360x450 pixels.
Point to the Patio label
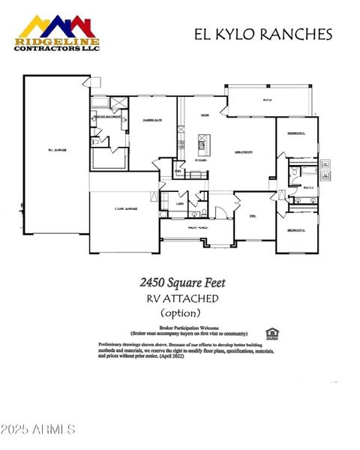point(267,99)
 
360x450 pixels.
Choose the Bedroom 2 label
point(295,133)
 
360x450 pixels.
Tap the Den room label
point(253,215)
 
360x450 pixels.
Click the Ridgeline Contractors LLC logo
point(57,33)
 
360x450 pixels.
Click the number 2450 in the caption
point(154,283)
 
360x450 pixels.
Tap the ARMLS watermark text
point(39,430)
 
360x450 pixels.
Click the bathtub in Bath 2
point(326,177)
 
